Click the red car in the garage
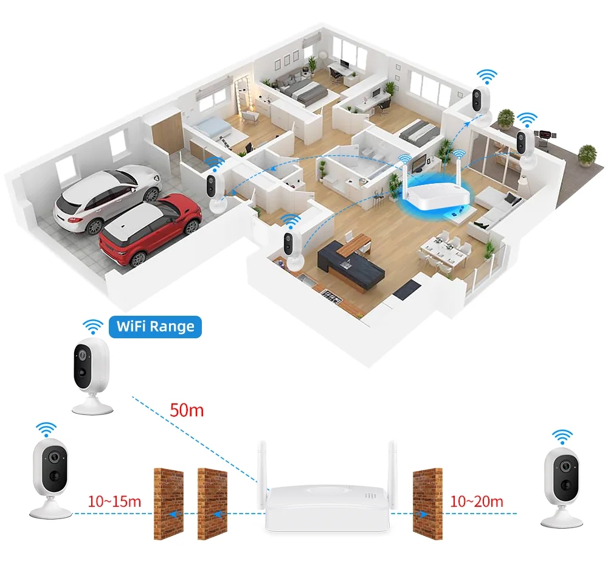coord(150,226)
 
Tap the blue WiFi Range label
coord(155,326)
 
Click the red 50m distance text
coord(187,410)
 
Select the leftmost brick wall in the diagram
coord(168,502)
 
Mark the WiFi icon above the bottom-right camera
coord(562,436)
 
